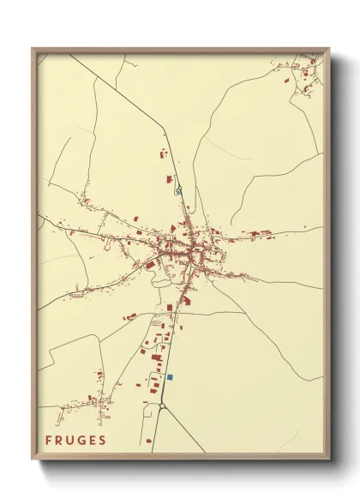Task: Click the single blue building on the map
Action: pos(170,377)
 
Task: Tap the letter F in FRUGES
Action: pos(49,440)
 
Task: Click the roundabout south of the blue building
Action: pos(161,407)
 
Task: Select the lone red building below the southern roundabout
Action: pos(149,441)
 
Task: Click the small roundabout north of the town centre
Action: pos(178,190)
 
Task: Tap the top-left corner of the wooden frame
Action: pos(33,50)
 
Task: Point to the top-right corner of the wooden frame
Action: pos(328,50)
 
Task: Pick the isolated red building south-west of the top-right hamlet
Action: pos(287,81)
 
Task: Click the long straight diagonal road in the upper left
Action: pos(120,94)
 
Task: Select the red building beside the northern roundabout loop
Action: pos(170,179)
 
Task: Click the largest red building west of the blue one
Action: pos(156,357)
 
